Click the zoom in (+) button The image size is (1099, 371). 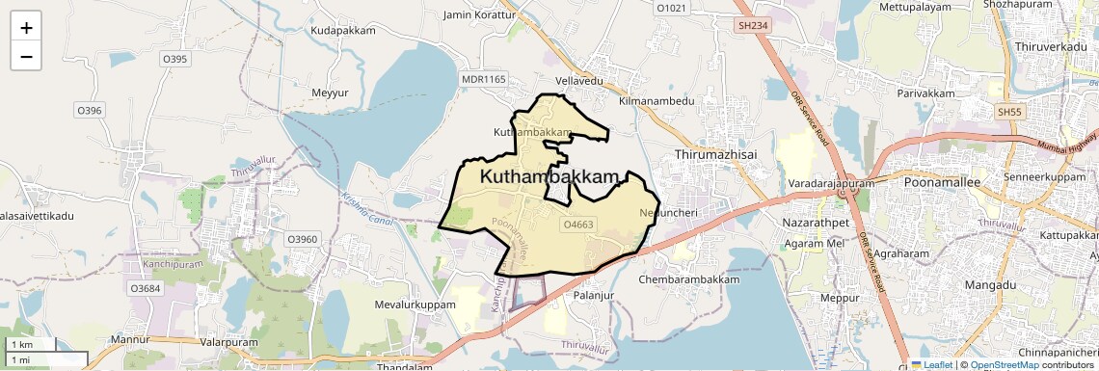point(26,27)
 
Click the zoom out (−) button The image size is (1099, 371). point(26,56)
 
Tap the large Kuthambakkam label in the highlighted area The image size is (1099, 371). point(548,177)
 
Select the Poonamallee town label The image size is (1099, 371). point(942,180)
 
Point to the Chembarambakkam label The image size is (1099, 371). point(688,279)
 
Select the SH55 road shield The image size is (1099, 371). point(1008,112)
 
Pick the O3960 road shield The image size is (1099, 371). point(302,238)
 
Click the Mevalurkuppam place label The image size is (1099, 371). point(415,305)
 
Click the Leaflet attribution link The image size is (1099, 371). point(930,364)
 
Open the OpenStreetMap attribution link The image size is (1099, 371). point(1005,364)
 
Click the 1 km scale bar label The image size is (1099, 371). point(22,345)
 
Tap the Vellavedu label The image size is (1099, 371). point(579,81)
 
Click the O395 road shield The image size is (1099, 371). point(174,59)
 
